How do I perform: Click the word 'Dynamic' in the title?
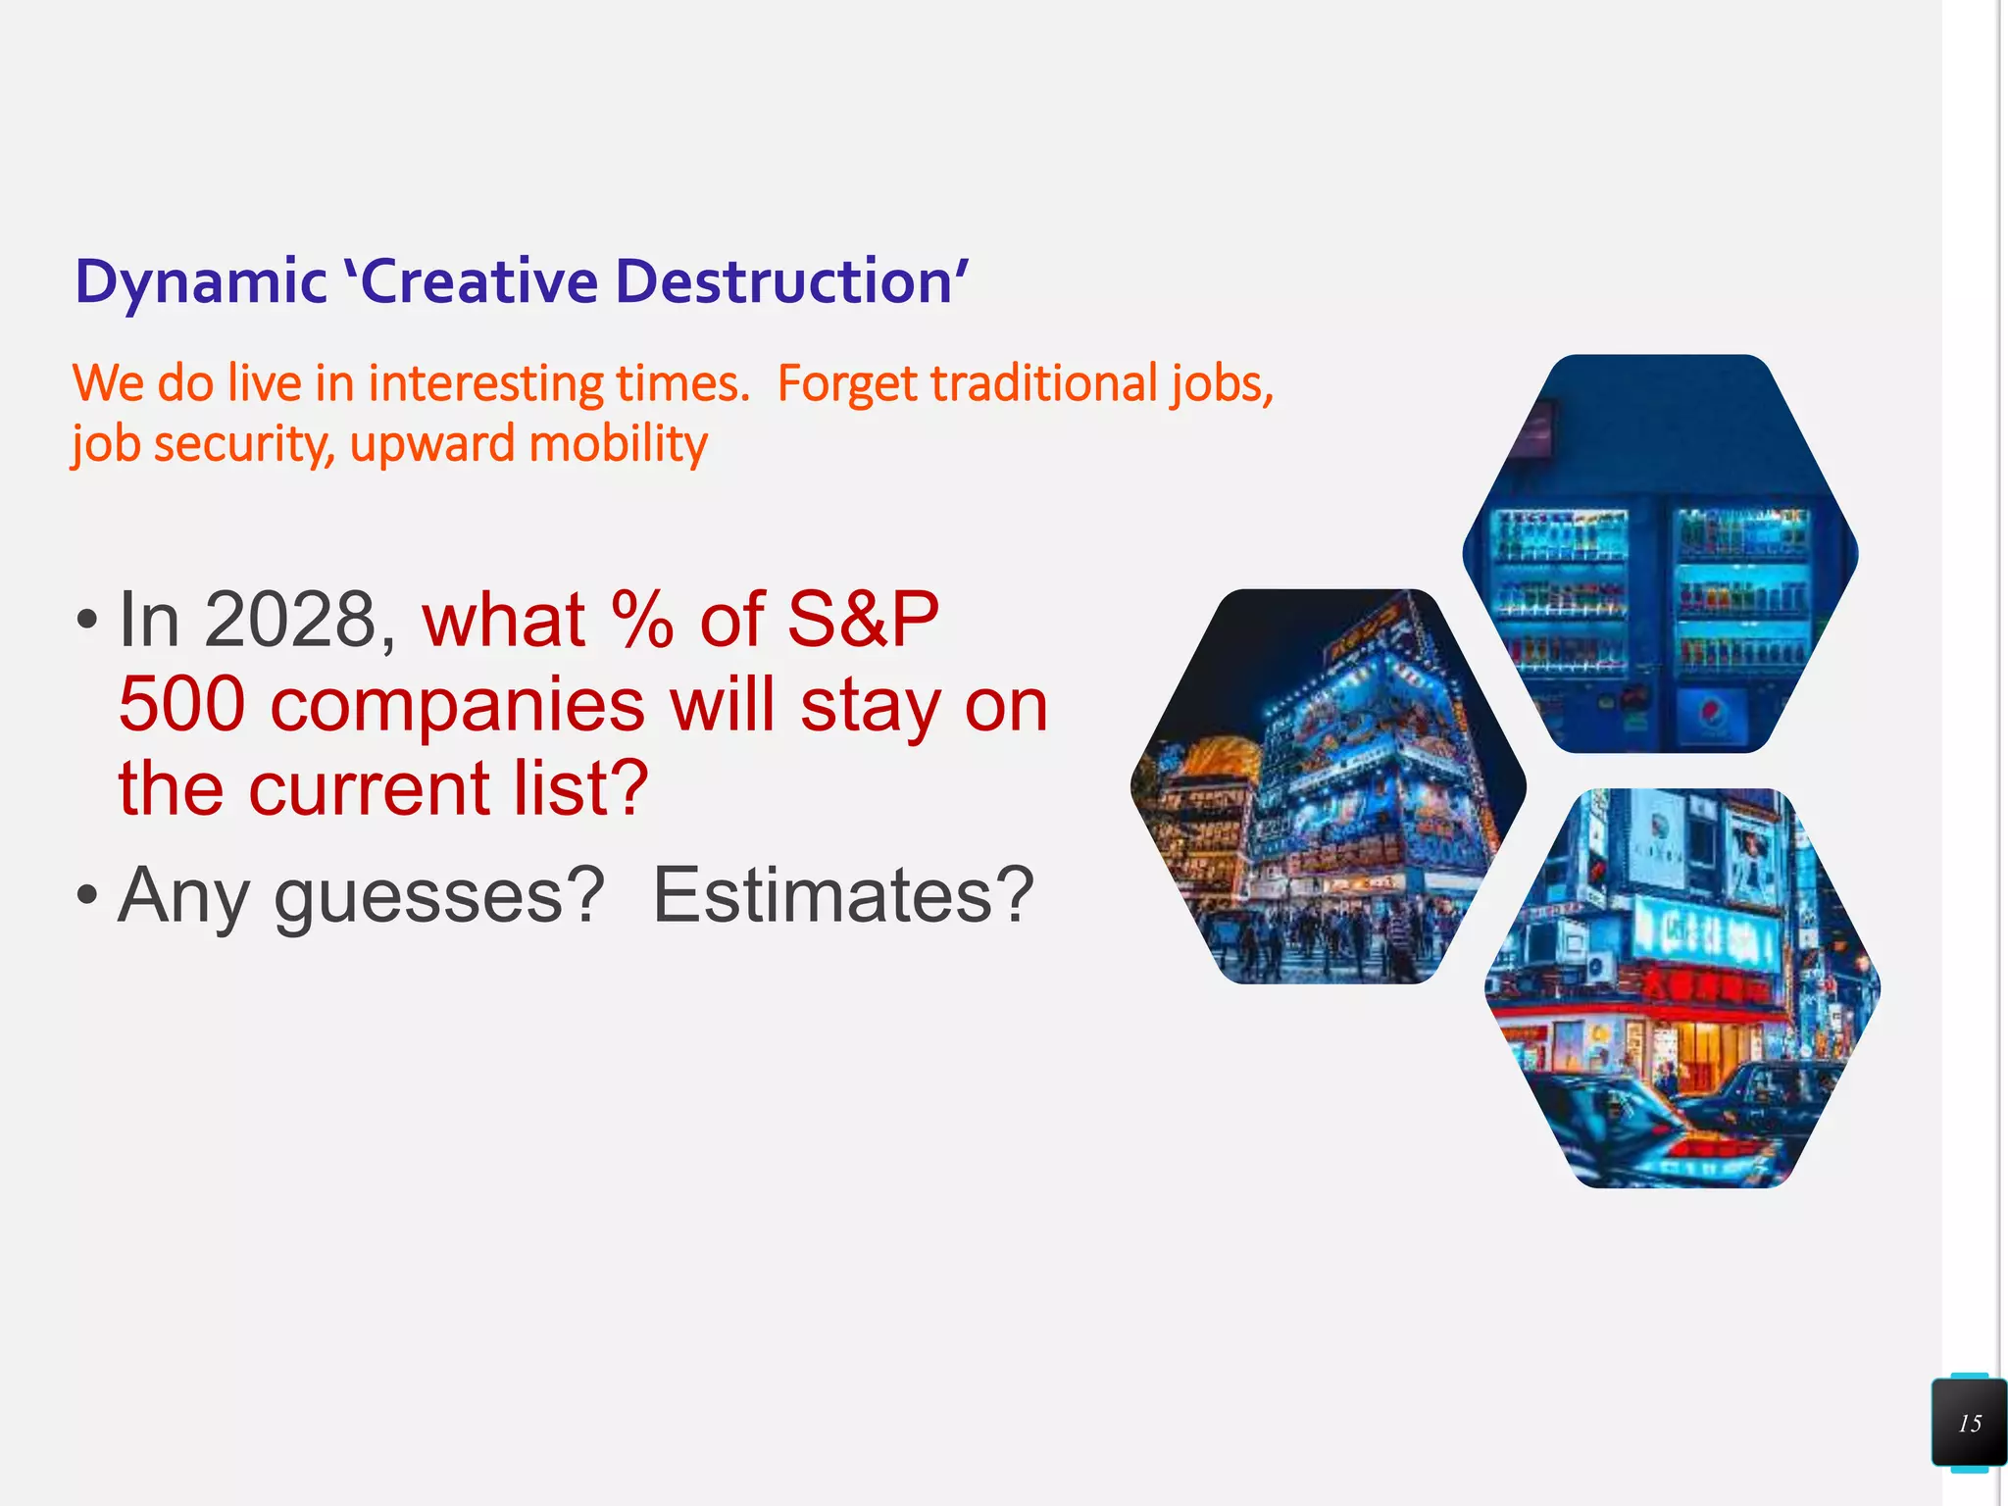(200, 282)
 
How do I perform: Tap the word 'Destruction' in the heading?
(784, 282)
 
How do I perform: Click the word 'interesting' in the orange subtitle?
(485, 383)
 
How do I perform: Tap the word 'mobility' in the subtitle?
(618, 444)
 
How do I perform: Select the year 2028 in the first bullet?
(290, 620)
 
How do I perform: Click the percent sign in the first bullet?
(642, 620)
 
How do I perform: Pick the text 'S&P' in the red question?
(863, 620)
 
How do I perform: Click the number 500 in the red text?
(181, 704)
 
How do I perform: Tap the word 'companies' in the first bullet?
(458, 706)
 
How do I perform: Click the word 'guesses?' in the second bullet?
(439, 896)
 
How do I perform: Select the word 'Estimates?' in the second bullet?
(843, 894)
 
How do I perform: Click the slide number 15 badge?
(1969, 1423)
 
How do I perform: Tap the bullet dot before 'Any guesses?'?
(87, 895)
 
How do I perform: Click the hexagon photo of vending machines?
(1660, 554)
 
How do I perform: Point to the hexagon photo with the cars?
(1682, 988)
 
